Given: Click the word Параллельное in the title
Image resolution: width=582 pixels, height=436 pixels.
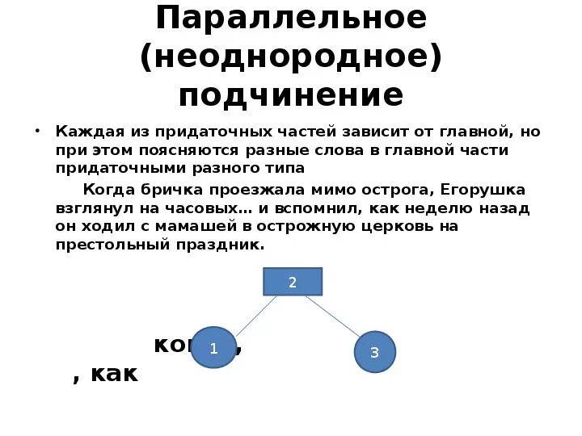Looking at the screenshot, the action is (x=291, y=18).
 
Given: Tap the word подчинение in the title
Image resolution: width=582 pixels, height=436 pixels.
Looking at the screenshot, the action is (x=291, y=95).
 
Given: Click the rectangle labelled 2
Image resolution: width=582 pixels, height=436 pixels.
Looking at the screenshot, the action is (x=293, y=282).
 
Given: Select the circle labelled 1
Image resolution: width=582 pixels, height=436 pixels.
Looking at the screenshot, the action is (x=213, y=348).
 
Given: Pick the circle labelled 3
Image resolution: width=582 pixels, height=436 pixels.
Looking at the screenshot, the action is (x=374, y=352).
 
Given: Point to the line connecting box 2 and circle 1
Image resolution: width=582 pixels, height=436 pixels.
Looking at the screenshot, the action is (x=255, y=316).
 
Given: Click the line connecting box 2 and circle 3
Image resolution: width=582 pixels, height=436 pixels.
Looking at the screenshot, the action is (x=327, y=315).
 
